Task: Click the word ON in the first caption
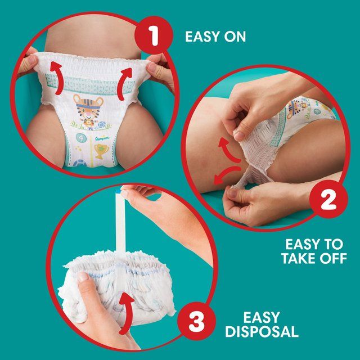point(232,37)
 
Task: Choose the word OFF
point(335,261)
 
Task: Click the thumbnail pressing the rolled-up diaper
point(83,277)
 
